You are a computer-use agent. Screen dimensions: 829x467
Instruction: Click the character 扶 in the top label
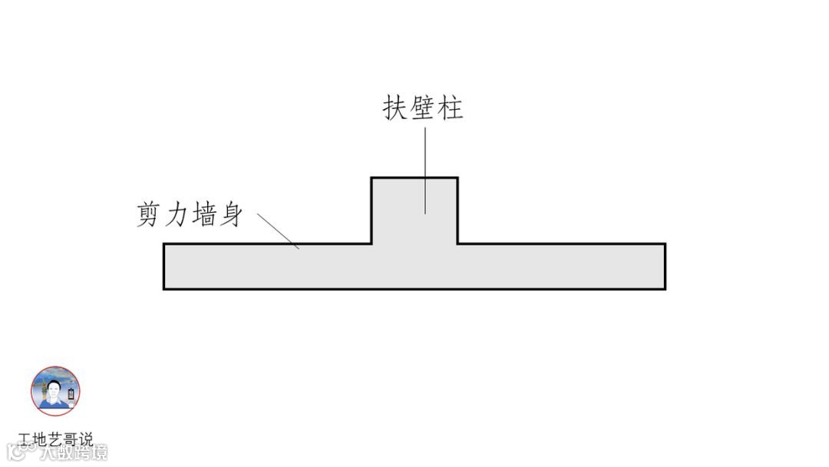pyautogui.click(x=395, y=108)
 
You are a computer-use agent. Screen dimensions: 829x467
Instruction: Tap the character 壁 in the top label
pyautogui.click(x=423, y=108)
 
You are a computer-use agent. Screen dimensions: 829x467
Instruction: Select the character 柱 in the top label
pyautogui.click(x=451, y=108)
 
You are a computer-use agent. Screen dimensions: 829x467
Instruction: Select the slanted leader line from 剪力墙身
pyautogui.click(x=277, y=230)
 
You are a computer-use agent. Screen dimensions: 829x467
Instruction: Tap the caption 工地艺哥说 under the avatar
pyautogui.click(x=55, y=439)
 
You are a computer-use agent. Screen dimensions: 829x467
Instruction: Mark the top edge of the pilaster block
pyautogui.click(x=414, y=178)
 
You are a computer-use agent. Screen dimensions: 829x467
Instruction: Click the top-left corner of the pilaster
pyautogui.click(x=372, y=178)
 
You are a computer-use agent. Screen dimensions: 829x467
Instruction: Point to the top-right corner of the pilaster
pyautogui.click(x=457, y=178)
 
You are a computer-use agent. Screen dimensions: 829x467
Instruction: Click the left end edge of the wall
pyautogui.click(x=163, y=267)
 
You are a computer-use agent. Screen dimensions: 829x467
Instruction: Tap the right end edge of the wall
pyautogui.click(x=665, y=267)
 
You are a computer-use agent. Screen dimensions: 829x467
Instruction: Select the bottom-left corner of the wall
pyautogui.click(x=163, y=289)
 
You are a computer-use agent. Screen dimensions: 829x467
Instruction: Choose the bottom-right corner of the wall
pyautogui.click(x=665, y=289)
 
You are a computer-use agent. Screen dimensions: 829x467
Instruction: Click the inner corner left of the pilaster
pyautogui.click(x=372, y=244)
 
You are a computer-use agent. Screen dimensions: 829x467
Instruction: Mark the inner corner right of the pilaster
pyautogui.click(x=457, y=244)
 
